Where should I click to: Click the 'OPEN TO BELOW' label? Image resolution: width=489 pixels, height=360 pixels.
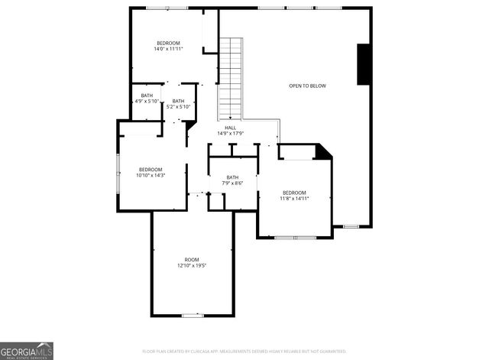(307, 86)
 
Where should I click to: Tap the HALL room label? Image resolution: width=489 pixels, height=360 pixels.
(230, 128)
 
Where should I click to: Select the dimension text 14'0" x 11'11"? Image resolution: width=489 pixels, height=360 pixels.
(168, 49)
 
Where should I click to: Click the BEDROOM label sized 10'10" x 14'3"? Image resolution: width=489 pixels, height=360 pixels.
(151, 170)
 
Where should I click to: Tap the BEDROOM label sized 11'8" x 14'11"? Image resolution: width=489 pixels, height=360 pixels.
(294, 193)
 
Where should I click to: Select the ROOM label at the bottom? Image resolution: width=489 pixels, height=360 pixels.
(192, 260)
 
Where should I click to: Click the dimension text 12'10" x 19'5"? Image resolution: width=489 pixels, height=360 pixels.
(192, 266)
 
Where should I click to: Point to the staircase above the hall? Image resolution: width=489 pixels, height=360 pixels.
(230, 76)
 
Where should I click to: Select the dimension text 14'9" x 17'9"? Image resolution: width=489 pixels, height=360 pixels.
(230, 134)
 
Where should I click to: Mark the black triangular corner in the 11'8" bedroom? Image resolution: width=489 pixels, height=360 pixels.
(324, 151)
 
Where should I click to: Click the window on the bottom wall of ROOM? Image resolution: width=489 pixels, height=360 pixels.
(192, 315)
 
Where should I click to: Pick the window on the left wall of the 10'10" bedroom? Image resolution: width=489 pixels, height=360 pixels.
(118, 174)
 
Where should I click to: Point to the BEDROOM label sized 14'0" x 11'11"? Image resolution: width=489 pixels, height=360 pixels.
(168, 43)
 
